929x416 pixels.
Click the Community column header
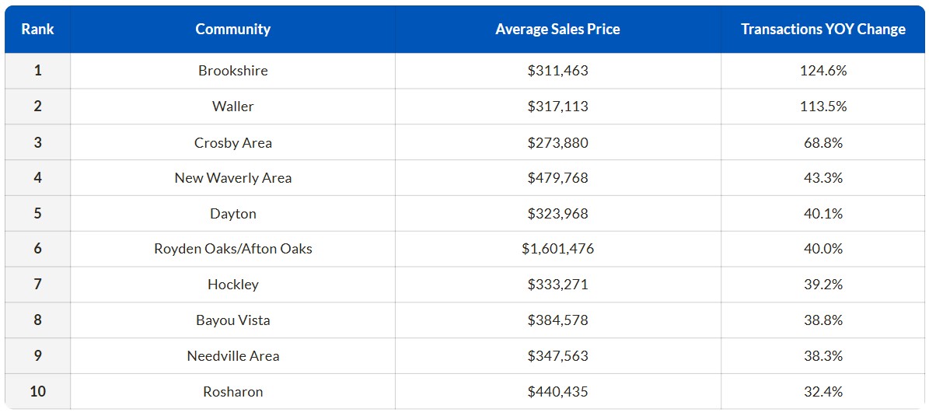point(232,30)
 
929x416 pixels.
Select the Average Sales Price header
point(557,30)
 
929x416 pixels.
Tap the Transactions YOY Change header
point(822,30)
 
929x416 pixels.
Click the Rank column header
point(37,30)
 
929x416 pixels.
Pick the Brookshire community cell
point(232,71)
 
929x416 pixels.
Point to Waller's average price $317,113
point(557,107)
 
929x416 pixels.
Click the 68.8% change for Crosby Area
point(822,142)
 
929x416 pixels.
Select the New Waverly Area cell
point(232,178)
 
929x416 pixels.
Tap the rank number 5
point(37,214)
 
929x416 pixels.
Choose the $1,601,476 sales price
point(557,250)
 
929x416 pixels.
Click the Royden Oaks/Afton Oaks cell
point(232,250)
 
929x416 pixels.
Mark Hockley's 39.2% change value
point(822,285)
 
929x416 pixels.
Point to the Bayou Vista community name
point(232,320)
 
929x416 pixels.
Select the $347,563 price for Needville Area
point(557,356)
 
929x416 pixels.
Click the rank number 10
point(37,392)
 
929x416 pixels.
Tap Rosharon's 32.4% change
point(822,392)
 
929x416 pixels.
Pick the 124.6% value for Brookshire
point(822,71)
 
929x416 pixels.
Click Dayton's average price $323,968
point(557,214)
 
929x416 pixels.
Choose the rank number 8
point(37,320)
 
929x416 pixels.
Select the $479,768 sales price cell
point(557,178)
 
